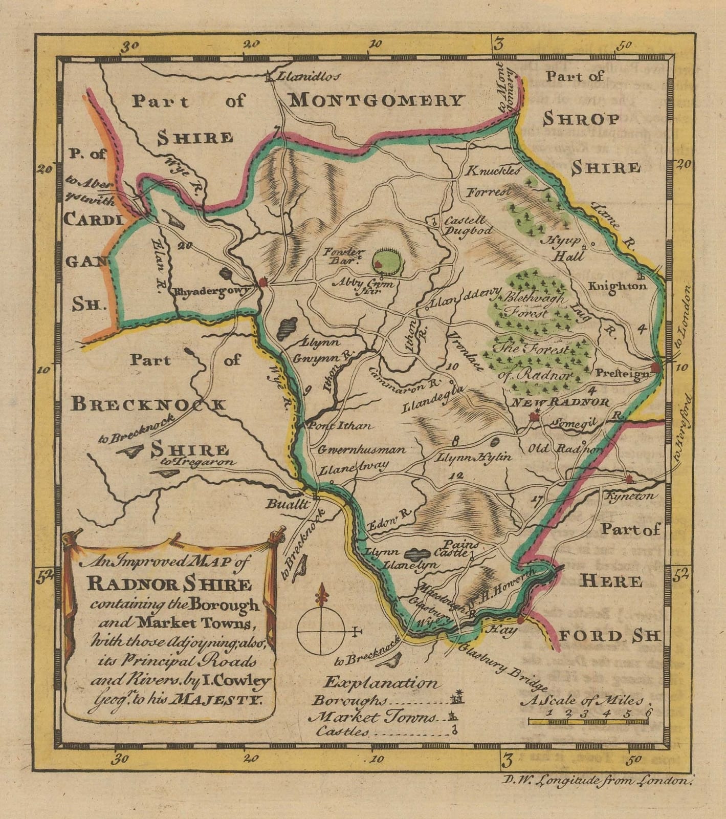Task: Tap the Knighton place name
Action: [618, 286]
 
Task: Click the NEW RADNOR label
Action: [561, 402]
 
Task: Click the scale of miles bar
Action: [588, 722]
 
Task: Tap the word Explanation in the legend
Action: [381, 682]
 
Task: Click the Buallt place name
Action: [288, 504]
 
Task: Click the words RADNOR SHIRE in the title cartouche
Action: [169, 584]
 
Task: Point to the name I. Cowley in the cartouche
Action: [235, 680]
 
